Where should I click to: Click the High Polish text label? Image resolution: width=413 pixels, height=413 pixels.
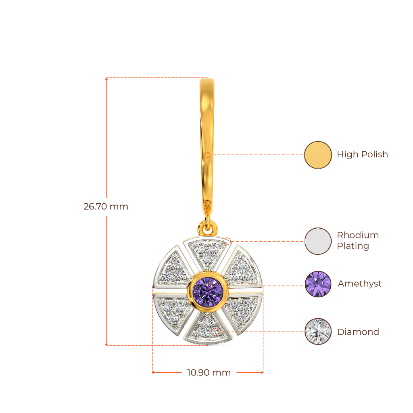click(362, 154)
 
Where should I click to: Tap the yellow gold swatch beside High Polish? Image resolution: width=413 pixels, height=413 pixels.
click(318, 155)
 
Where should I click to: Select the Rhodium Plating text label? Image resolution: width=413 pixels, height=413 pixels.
click(358, 241)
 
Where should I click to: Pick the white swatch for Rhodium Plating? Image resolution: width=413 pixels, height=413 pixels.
click(318, 241)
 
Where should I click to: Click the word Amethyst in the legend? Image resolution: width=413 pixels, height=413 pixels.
click(359, 284)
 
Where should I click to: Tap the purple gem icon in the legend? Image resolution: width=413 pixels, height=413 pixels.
click(318, 284)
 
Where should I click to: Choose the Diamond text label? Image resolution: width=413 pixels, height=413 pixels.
click(358, 332)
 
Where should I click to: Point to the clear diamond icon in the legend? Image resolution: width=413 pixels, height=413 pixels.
click(318, 332)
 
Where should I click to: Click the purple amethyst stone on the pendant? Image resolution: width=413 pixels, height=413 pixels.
click(208, 289)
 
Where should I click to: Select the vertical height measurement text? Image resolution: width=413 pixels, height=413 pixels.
click(106, 207)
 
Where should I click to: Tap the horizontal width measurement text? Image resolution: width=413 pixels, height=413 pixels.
click(209, 373)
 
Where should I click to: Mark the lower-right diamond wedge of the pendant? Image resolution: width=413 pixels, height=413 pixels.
click(242, 309)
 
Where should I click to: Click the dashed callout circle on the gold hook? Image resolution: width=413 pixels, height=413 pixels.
click(208, 154)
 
